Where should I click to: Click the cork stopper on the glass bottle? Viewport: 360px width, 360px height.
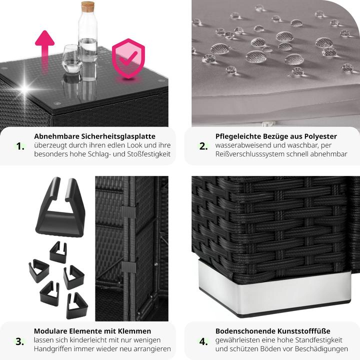point(87,6)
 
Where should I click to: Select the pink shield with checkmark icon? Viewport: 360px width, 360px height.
point(128,59)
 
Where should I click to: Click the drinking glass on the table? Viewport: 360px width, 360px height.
point(72,59)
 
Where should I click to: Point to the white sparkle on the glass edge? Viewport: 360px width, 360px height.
point(25,88)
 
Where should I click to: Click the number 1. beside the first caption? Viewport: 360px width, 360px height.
point(20,146)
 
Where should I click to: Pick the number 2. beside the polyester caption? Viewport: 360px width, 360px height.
point(203,146)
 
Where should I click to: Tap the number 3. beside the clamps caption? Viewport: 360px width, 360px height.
point(19,341)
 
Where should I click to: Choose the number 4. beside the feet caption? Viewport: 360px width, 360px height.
point(203,341)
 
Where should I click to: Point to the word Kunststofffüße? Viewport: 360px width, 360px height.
point(304,331)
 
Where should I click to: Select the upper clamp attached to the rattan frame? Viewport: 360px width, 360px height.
point(129,211)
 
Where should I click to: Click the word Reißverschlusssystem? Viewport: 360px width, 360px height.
point(253,154)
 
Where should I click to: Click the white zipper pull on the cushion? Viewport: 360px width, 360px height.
point(265,124)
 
